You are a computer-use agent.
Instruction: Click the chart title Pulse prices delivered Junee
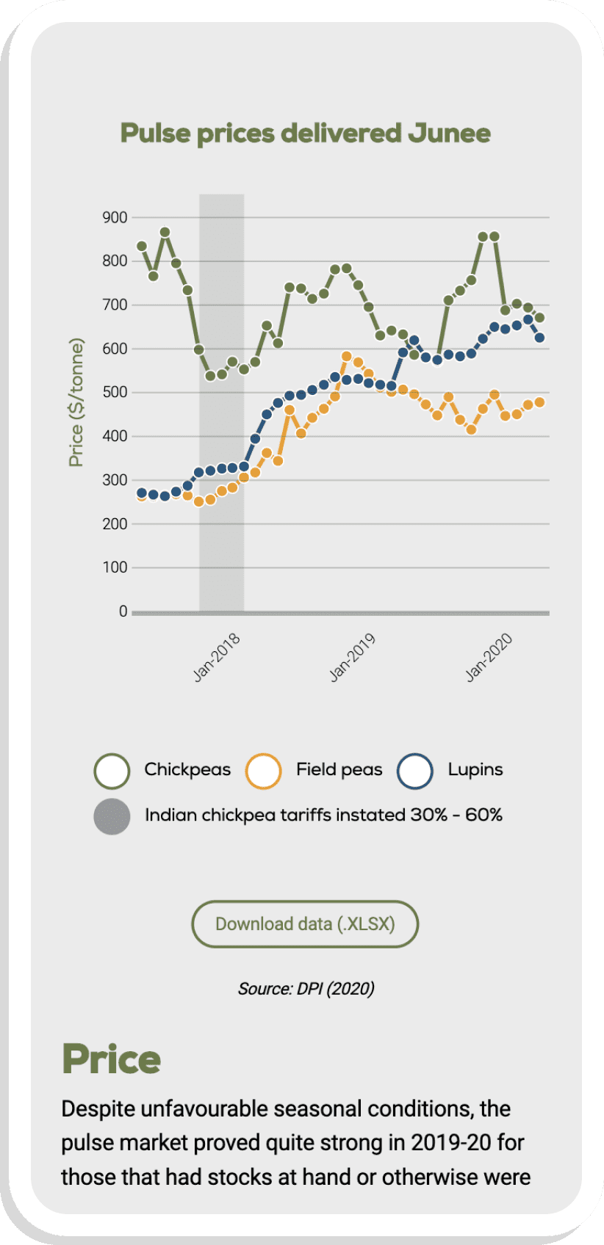[x=305, y=134]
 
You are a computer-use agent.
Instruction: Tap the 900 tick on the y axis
[x=115, y=217]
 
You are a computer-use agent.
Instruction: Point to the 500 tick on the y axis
[x=115, y=392]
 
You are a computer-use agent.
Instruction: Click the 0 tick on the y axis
[x=123, y=611]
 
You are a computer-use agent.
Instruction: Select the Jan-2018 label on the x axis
[x=217, y=658]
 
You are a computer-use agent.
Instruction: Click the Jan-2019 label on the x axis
[x=353, y=658]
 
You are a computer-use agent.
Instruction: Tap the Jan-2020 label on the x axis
[x=489, y=658]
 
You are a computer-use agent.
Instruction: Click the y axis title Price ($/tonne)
[x=76, y=402]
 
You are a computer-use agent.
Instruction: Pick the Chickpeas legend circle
[x=112, y=771]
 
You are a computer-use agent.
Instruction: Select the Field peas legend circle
[x=264, y=771]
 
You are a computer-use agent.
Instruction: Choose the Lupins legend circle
[x=415, y=771]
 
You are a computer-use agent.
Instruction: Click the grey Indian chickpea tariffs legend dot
[x=112, y=816]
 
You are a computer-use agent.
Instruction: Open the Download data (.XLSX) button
[x=305, y=923]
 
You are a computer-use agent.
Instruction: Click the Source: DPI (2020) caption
[x=306, y=989]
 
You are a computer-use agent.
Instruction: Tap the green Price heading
[x=112, y=1059]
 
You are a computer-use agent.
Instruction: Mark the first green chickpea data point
[x=142, y=246]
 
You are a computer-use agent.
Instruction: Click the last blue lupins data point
[x=539, y=338]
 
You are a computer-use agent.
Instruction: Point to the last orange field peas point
[x=539, y=402]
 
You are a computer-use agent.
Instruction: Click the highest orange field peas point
[x=347, y=356]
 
